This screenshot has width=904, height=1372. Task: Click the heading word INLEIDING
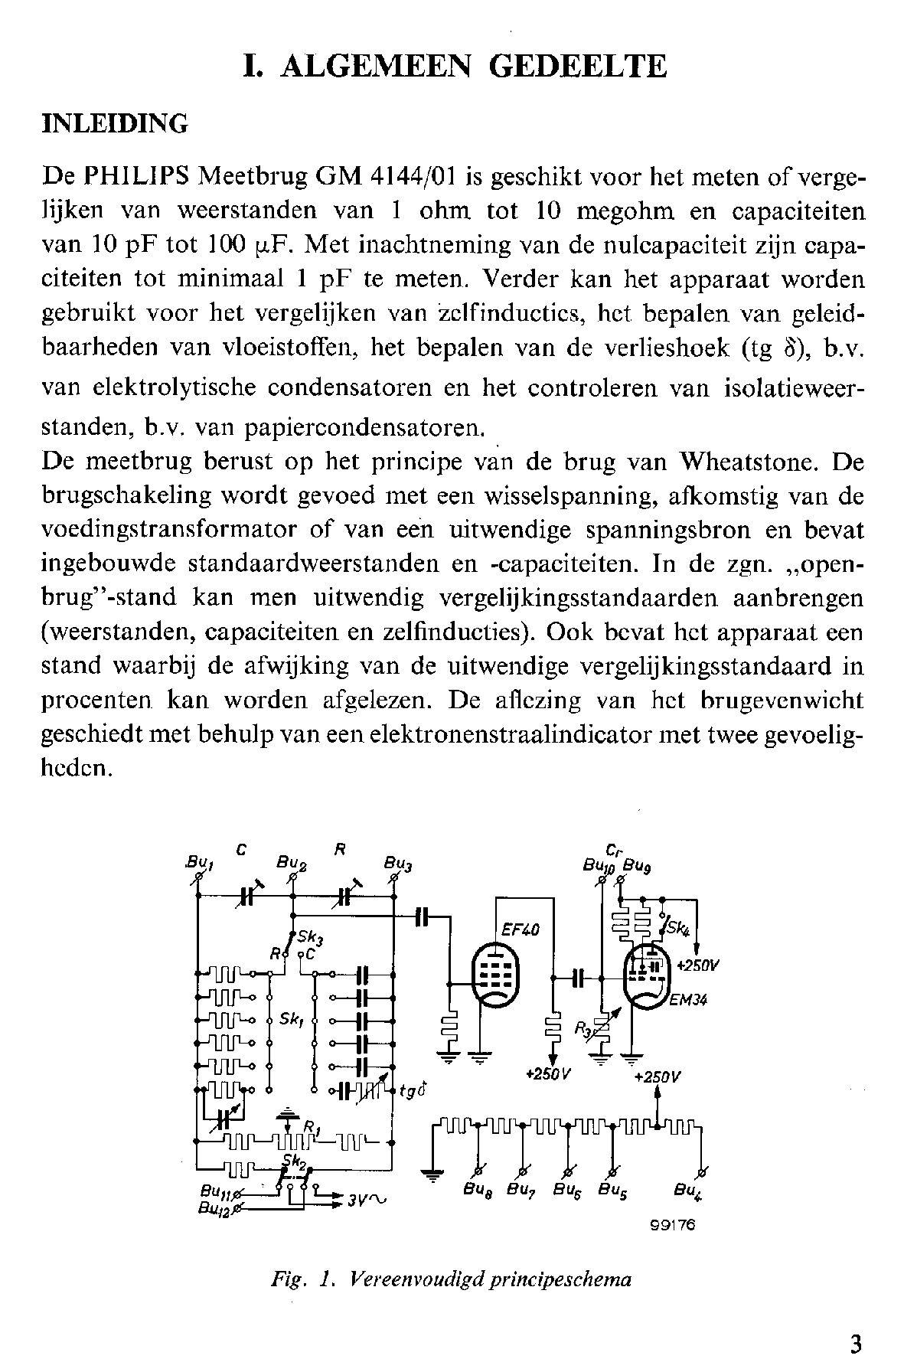click(x=115, y=124)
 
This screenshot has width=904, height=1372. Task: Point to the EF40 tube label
click(x=521, y=929)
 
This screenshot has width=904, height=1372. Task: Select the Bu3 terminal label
click(x=398, y=865)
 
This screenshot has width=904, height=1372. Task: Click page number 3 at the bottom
click(x=856, y=1344)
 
